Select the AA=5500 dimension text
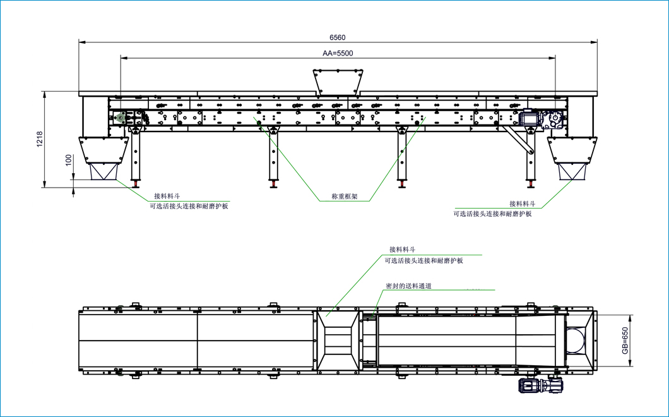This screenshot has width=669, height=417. pyautogui.click(x=338, y=54)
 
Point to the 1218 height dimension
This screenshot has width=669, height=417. pyautogui.click(x=39, y=140)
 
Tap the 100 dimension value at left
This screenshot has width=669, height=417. pyautogui.click(x=68, y=160)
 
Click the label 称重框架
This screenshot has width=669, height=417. pyautogui.click(x=345, y=196)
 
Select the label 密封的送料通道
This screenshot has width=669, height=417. pyautogui.click(x=408, y=286)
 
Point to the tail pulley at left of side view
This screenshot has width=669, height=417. pyautogui.click(x=121, y=118)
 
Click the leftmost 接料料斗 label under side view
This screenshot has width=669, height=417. pyautogui.click(x=167, y=196)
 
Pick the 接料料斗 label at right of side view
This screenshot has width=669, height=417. pyautogui.click(x=523, y=203)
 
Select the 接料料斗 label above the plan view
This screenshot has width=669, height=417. pyautogui.click(x=403, y=250)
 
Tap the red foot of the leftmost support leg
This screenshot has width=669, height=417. pyautogui.click(x=135, y=184)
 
